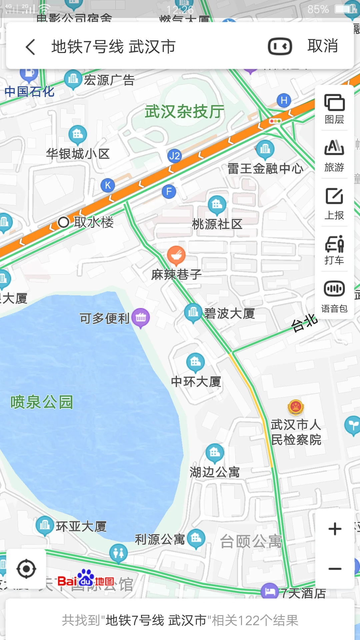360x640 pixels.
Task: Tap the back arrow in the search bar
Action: (31, 47)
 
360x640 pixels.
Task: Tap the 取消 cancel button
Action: (322, 46)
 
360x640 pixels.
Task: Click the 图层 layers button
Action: (334, 109)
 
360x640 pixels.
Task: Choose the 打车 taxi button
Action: (334, 250)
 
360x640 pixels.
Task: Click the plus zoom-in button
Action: (335, 529)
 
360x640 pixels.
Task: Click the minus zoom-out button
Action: (335, 569)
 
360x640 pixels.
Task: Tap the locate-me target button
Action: (26, 569)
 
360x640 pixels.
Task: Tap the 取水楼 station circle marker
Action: (63, 222)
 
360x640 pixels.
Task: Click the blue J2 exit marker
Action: (174, 156)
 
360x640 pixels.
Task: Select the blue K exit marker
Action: (108, 185)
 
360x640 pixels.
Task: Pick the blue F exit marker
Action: (169, 192)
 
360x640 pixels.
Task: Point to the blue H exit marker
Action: (284, 100)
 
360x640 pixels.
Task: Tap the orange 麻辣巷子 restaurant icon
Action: (176, 255)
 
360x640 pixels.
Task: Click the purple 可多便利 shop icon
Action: (141, 318)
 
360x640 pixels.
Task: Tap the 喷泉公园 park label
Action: (42, 402)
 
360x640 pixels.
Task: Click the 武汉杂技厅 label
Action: (184, 112)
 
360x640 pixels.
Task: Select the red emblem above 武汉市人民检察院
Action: (296, 407)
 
